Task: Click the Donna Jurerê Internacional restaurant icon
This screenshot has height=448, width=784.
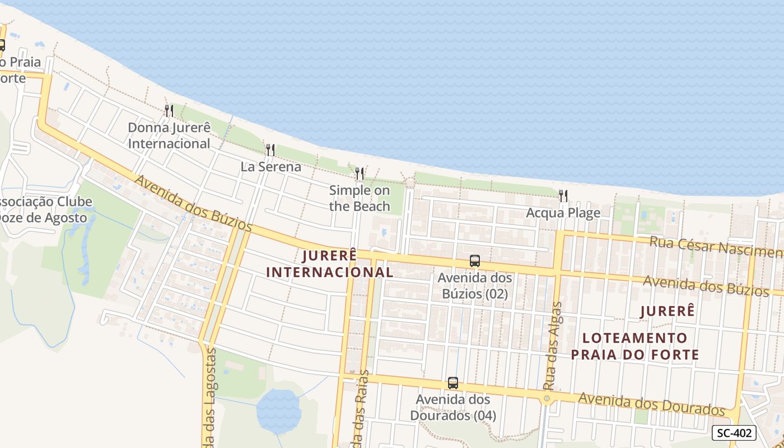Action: pyautogui.click(x=169, y=111)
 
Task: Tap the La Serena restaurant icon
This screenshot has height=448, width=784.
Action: pyautogui.click(x=270, y=150)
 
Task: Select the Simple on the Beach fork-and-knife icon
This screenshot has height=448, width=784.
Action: pyautogui.click(x=360, y=174)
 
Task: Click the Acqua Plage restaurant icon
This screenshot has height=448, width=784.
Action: pyautogui.click(x=563, y=196)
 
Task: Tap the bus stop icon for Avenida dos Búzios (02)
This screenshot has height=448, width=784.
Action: pyautogui.click(x=475, y=261)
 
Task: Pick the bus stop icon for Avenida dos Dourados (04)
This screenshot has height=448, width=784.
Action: pyautogui.click(x=453, y=383)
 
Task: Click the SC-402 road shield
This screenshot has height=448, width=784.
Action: pyautogui.click(x=734, y=433)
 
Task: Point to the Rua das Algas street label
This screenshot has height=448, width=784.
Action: pyautogui.click(x=552, y=346)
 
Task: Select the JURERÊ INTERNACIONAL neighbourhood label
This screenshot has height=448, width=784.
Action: pyautogui.click(x=329, y=264)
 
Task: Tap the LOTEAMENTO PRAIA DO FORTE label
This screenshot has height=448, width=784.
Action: pyautogui.click(x=635, y=346)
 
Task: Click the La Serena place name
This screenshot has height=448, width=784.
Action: pyautogui.click(x=271, y=167)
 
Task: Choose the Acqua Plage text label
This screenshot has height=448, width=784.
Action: pyautogui.click(x=563, y=213)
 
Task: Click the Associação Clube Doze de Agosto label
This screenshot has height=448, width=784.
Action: pyautogui.click(x=43, y=209)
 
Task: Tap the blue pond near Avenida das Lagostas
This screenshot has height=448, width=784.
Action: pyautogui.click(x=278, y=412)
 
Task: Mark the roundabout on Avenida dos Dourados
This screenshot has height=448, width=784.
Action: pyautogui.click(x=547, y=398)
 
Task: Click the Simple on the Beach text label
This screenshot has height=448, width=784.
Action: pyautogui.click(x=360, y=198)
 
